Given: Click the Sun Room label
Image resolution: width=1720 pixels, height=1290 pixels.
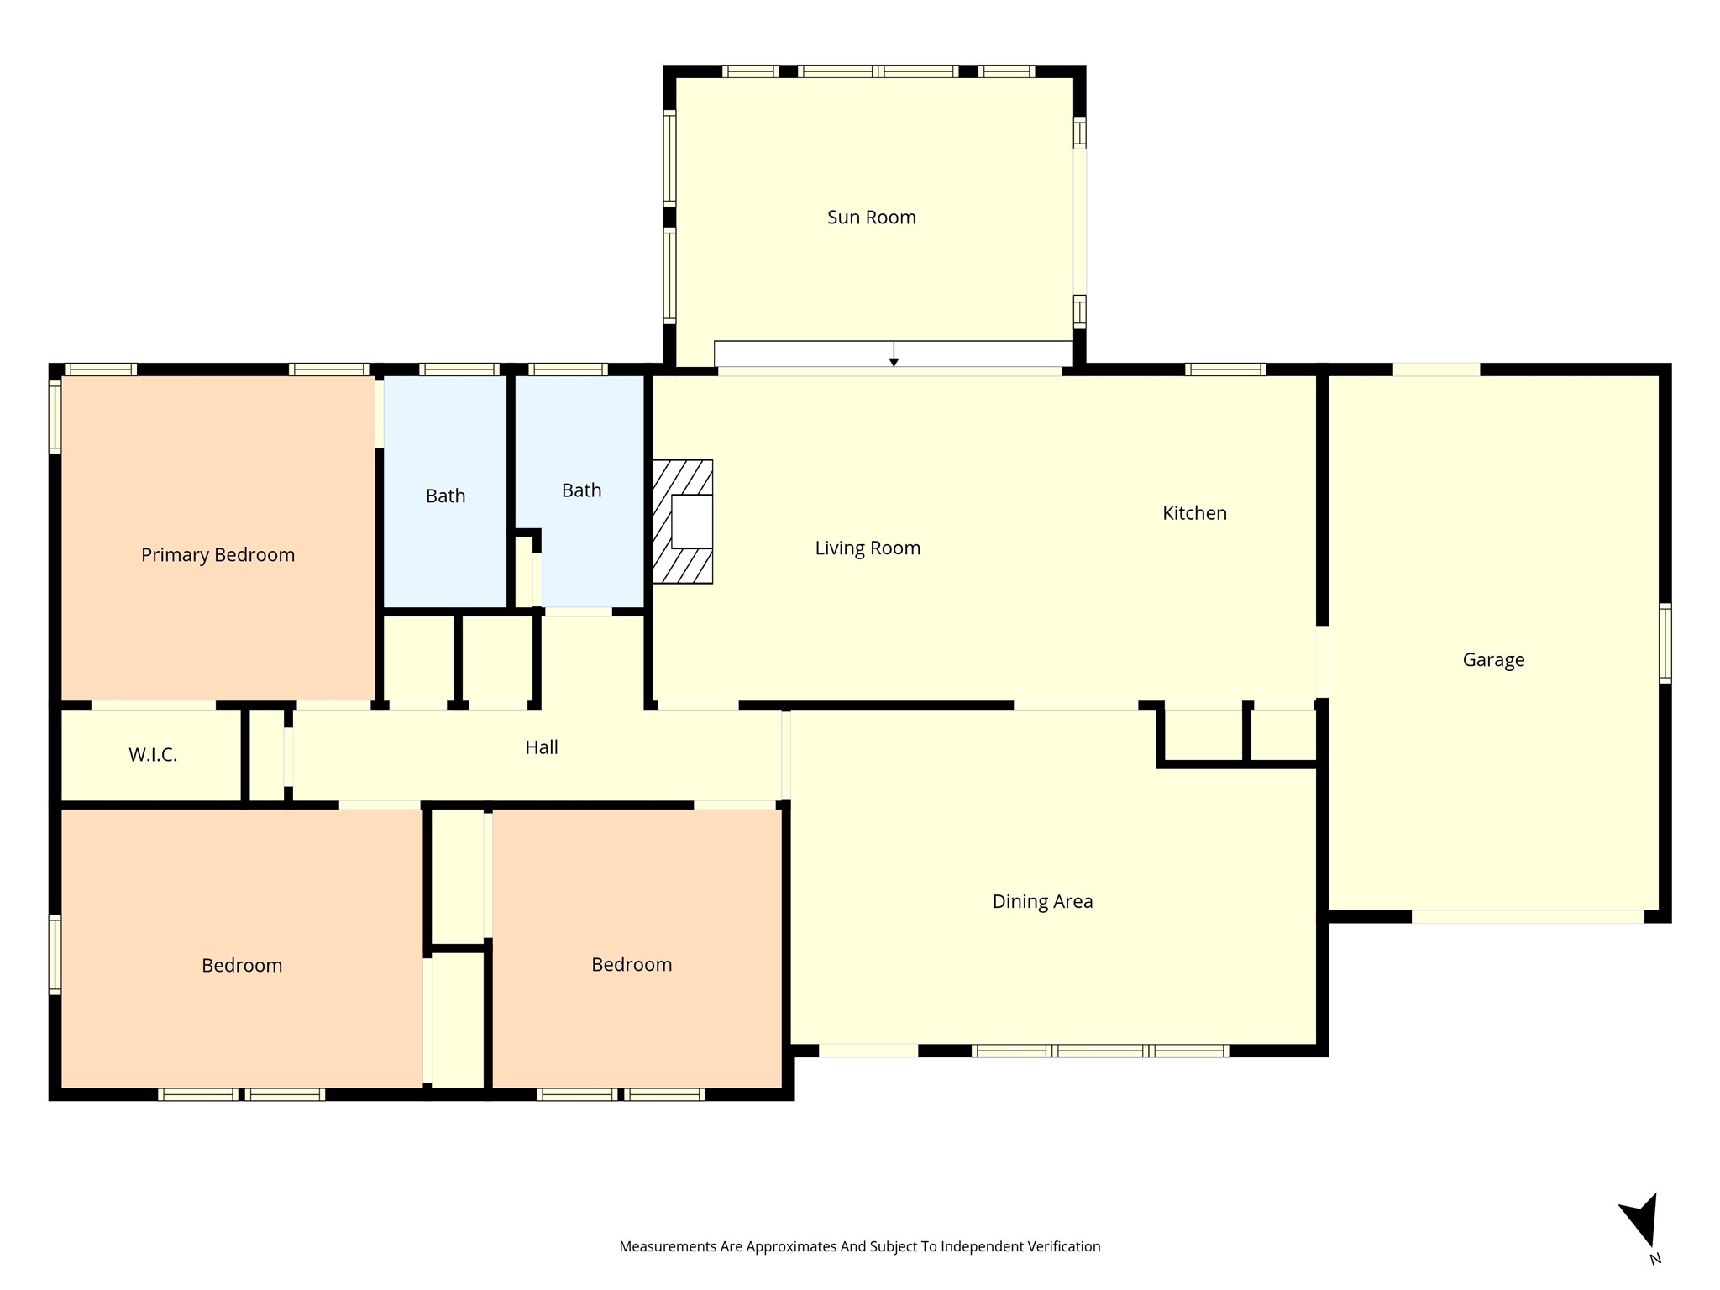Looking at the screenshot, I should coord(871,218).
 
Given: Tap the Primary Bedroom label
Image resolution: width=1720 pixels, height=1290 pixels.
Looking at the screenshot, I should coord(218,555).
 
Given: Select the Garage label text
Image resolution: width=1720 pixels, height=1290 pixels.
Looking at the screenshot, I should coord(1493,660).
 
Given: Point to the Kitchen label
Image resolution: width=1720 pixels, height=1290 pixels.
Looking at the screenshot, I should coord(1194,513).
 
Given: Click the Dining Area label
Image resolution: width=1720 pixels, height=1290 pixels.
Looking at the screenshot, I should coord(1042,902).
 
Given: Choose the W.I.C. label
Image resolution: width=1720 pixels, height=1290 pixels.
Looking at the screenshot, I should coord(153,755).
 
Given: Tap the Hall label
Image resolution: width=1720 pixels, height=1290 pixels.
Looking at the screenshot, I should coord(542,747).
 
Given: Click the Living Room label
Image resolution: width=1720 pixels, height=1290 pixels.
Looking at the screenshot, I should coord(868,548).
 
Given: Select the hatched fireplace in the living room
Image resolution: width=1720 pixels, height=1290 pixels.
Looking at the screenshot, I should coord(682,522).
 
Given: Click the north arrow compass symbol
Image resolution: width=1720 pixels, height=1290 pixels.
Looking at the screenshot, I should coord(1641,1223).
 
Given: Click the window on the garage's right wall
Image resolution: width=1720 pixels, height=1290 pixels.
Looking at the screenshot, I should coord(1665,642).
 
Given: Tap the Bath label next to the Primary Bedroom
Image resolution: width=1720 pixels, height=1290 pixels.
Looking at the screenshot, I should coord(445,496).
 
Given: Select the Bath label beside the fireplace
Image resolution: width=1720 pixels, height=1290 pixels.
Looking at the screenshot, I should coord(581,490).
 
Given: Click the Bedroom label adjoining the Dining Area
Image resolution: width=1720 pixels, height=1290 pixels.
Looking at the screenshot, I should coord(632,965).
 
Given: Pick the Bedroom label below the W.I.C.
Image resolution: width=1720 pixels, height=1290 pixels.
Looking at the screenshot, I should coord(242,966).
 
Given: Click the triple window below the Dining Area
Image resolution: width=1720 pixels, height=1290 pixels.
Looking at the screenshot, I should coord(1100,1051).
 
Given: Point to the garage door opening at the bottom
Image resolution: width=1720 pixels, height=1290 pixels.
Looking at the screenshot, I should coord(1527,917).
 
